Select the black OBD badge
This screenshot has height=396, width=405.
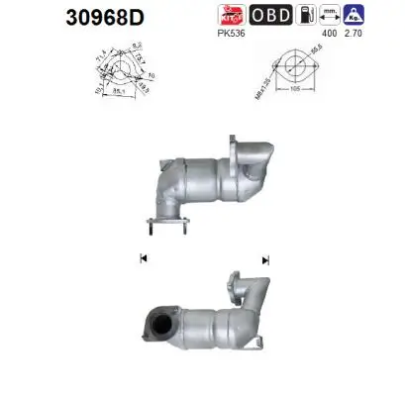tap(270, 15)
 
